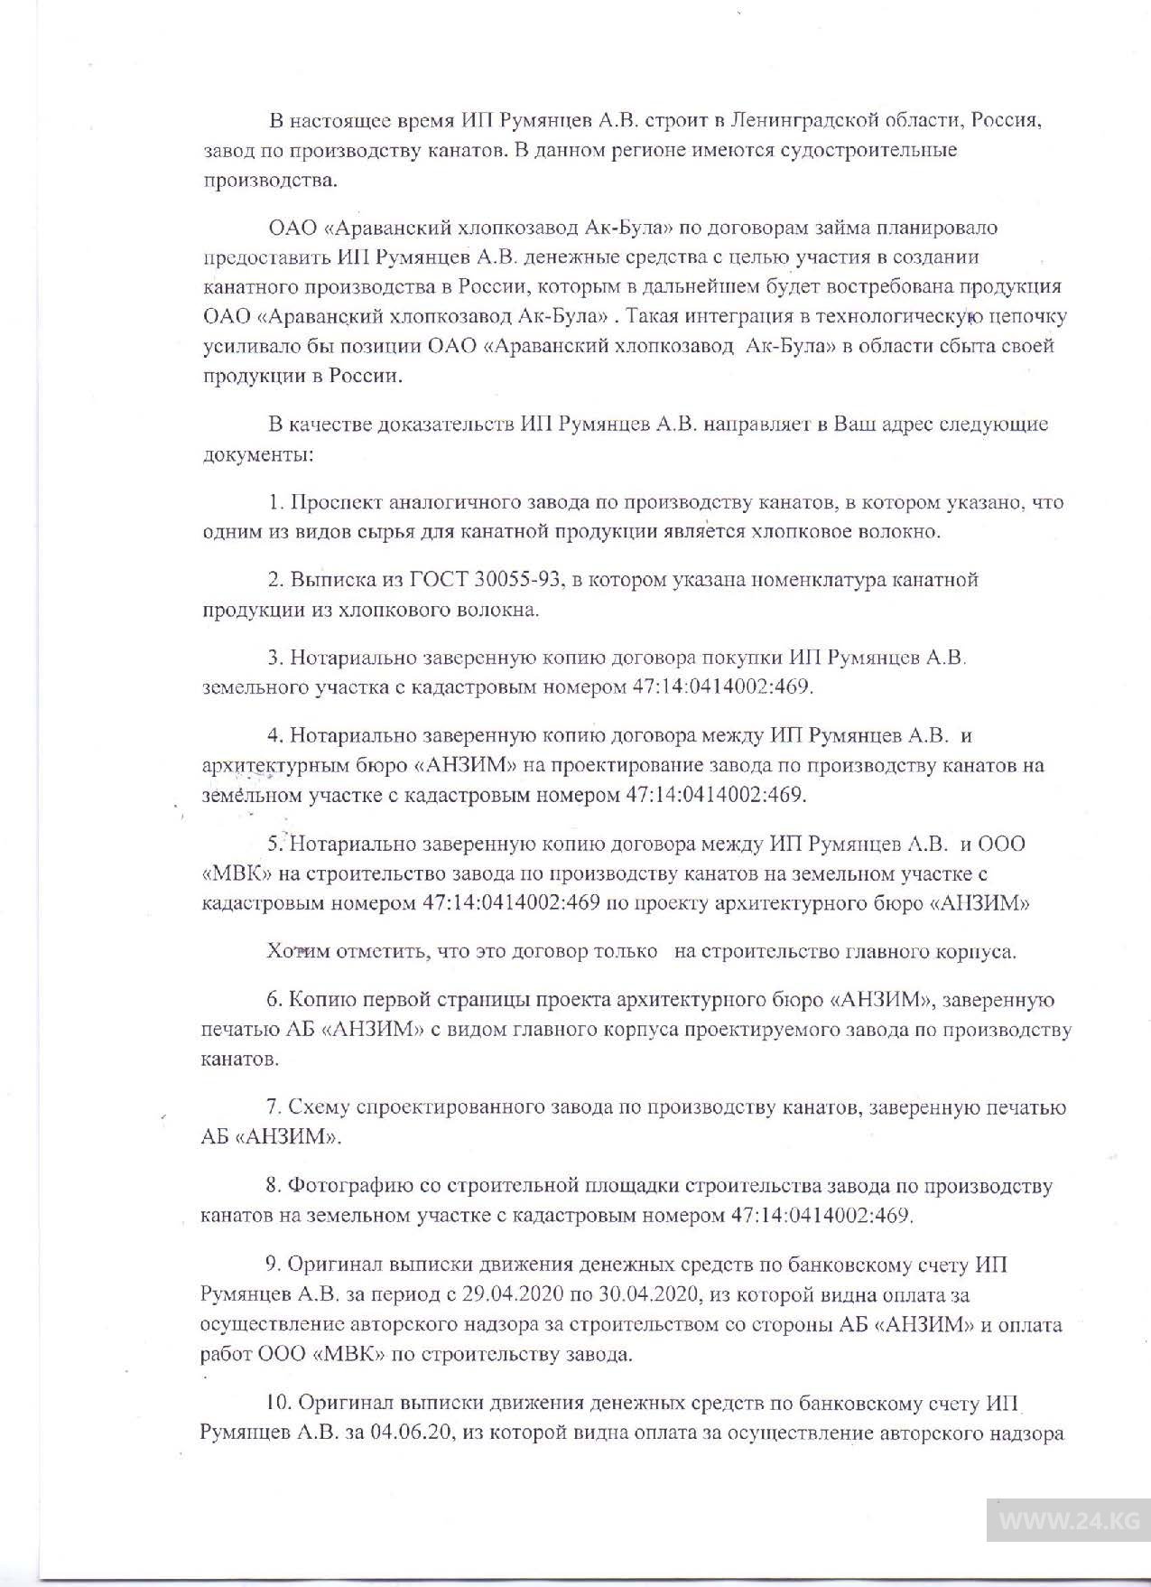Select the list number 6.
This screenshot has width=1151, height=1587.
[x=273, y=1000]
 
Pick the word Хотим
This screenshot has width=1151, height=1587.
[x=299, y=951]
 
